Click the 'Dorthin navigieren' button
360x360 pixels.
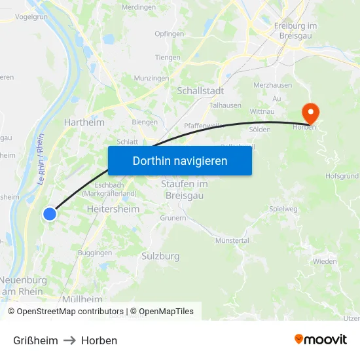pos(180,160)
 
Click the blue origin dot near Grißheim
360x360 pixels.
pos(50,213)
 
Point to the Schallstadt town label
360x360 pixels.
pos(201,90)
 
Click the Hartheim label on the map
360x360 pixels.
pos(84,122)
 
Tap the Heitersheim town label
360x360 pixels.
pos(113,209)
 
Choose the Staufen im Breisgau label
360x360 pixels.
pos(185,189)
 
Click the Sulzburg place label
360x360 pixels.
pos(160,256)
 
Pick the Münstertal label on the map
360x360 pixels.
pos(232,241)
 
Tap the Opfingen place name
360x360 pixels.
pos(169,33)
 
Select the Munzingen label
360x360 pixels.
pos(151,78)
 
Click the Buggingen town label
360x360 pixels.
pos(94,252)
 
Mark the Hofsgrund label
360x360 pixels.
pos(342,176)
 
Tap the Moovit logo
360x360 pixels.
pos(321,339)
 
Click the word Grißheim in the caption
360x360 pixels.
pos(35,340)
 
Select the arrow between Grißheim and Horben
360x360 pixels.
pos(69,340)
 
